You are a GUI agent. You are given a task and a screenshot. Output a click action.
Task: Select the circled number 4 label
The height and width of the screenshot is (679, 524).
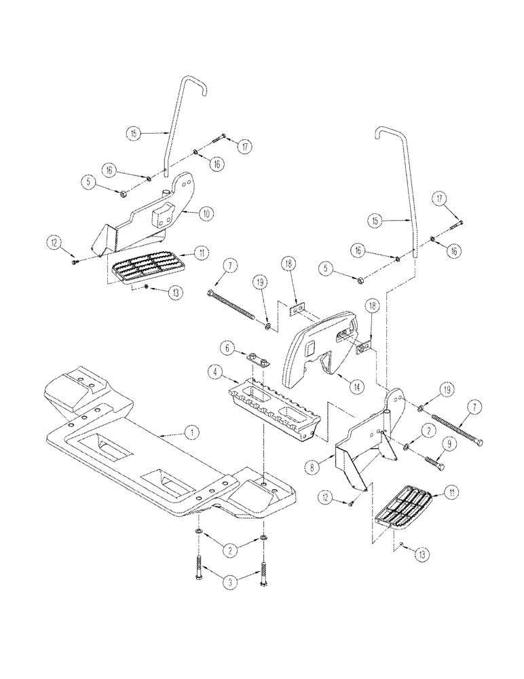(x=213, y=372)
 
